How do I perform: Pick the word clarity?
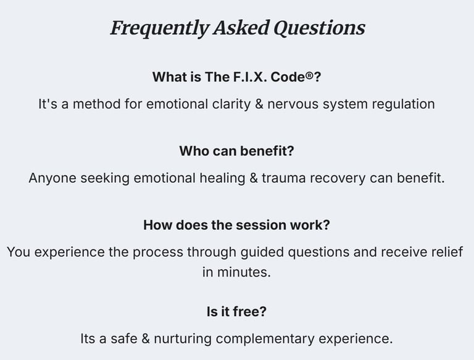pos(228,104)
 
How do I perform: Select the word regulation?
pos(403,104)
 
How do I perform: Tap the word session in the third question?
pos(259,225)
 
